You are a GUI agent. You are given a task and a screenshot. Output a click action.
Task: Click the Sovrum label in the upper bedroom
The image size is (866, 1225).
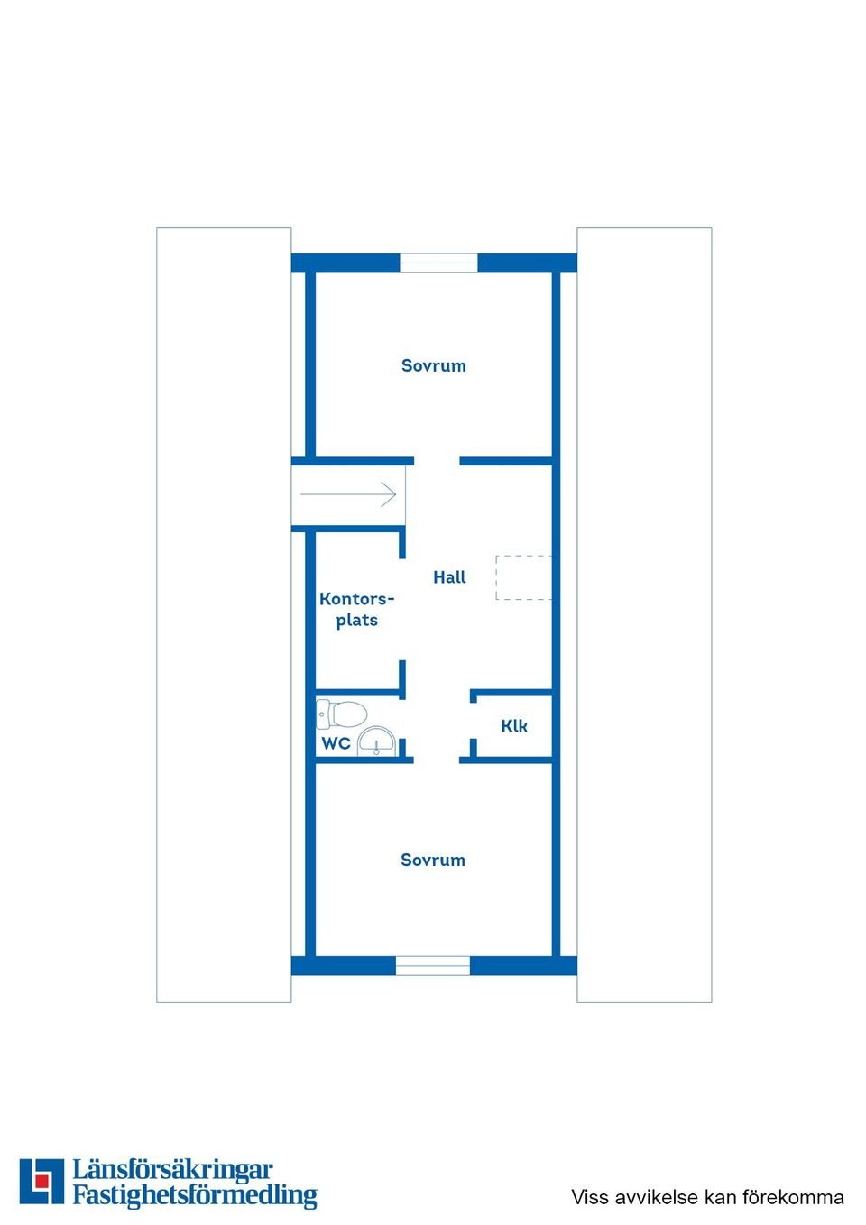433,365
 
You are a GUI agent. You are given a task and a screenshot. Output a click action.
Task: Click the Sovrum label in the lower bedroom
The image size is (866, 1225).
433,860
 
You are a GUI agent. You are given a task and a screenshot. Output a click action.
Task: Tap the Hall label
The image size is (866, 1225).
449,577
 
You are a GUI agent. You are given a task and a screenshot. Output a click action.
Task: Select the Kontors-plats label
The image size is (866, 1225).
356,609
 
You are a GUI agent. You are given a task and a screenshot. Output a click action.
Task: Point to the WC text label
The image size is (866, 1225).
336,743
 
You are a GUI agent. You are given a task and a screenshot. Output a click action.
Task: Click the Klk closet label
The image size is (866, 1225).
514,725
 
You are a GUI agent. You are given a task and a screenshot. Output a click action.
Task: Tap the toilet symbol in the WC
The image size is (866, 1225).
342,714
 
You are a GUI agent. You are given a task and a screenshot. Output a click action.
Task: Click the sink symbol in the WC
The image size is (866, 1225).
377,741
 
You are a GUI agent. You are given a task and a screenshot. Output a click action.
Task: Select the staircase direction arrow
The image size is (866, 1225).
348,494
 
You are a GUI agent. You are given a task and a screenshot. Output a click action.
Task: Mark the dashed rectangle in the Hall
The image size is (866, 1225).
523,577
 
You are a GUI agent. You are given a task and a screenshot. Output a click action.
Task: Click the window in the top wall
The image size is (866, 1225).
438,262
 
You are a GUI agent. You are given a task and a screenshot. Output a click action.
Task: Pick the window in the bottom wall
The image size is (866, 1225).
433,966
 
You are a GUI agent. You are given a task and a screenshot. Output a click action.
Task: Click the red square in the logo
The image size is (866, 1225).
41,1182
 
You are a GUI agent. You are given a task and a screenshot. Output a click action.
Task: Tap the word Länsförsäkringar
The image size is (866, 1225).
172,1170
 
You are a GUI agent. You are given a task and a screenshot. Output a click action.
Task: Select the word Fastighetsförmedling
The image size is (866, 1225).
195,1195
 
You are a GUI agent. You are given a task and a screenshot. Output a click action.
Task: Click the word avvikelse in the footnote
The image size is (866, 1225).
655,1197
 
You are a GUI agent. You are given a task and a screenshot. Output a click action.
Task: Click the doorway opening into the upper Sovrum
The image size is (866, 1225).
437,461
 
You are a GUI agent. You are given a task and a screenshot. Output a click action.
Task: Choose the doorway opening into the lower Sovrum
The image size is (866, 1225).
437,760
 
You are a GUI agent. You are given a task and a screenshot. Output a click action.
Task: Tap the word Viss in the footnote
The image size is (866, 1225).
590,1197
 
